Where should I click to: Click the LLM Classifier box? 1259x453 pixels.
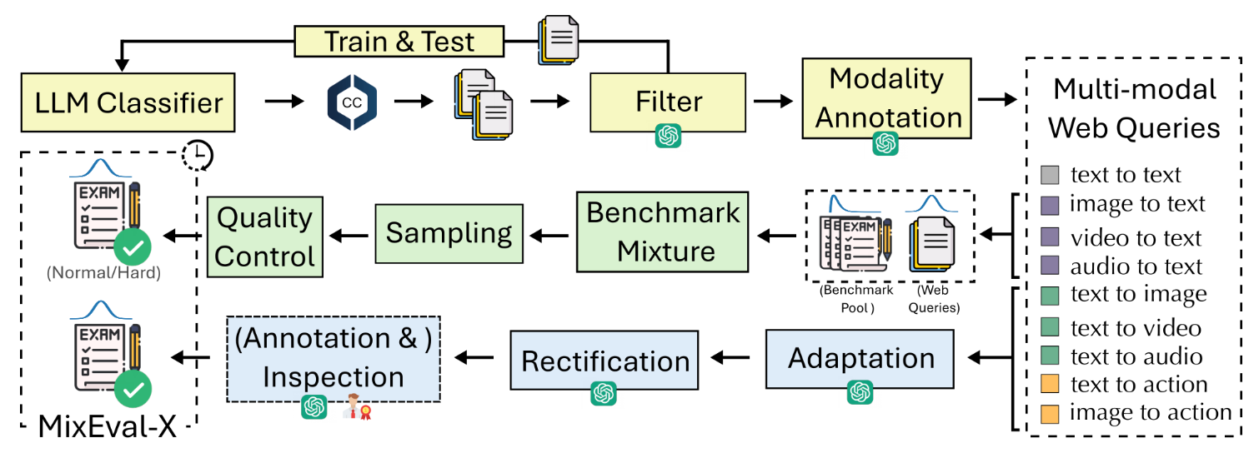point(129,102)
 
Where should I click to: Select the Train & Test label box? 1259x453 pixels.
point(399,41)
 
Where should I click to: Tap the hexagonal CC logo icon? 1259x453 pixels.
point(351,102)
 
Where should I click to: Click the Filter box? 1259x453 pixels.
point(668,102)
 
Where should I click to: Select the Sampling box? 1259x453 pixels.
point(449,232)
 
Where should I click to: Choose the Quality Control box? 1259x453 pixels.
point(264,237)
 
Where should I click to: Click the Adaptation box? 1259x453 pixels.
point(860,359)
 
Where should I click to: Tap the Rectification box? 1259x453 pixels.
point(604,360)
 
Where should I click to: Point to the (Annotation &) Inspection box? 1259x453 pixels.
point(334,358)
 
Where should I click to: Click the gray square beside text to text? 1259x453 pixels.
point(1051,175)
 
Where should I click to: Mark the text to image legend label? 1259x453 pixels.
point(1138,295)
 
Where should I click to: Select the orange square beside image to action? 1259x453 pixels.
point(1051,414)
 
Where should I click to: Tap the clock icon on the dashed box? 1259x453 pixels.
point(198,154)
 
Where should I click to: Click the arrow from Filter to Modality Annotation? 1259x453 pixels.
point(772,101)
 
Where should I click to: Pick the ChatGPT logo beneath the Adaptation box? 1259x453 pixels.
point(860,392)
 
